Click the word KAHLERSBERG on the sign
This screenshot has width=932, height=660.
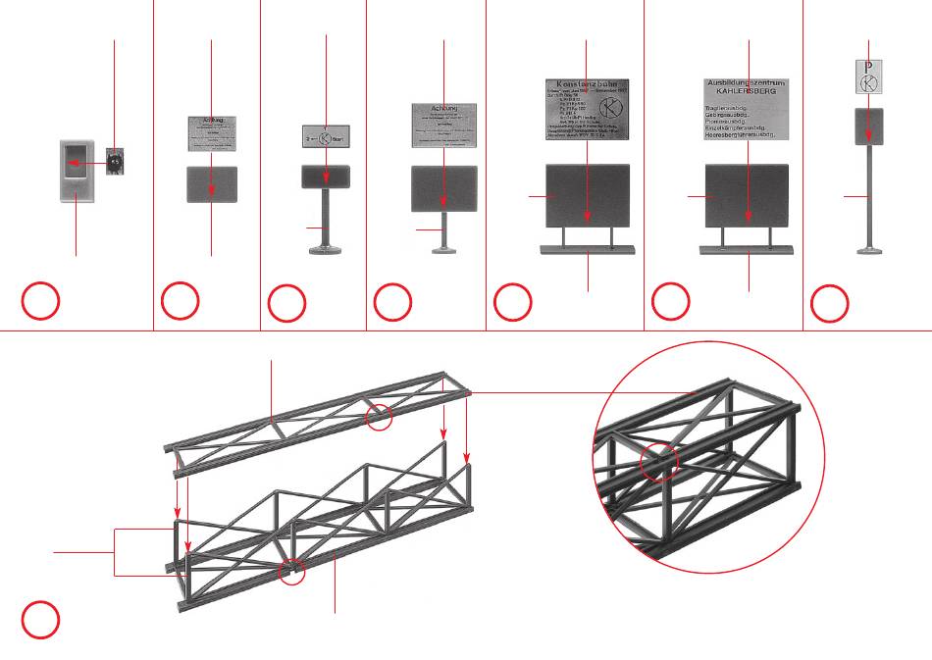click(749, 92)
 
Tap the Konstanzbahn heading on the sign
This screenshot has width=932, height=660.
click(588, 85)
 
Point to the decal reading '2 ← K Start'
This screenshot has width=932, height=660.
click(326, 138)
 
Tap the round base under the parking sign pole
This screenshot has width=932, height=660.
click(869, 251)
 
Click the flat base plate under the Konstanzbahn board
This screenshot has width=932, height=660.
click(588, 249)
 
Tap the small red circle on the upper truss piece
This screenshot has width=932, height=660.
click(379, 418)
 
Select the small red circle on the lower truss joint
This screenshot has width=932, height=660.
click(291, 572)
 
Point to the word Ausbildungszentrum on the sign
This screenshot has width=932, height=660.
click(749, 81)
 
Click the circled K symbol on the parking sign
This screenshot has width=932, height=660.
click(869, 83)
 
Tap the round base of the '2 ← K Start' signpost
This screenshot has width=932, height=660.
click(326, 252)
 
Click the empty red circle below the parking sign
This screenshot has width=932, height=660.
click(829, 305)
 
